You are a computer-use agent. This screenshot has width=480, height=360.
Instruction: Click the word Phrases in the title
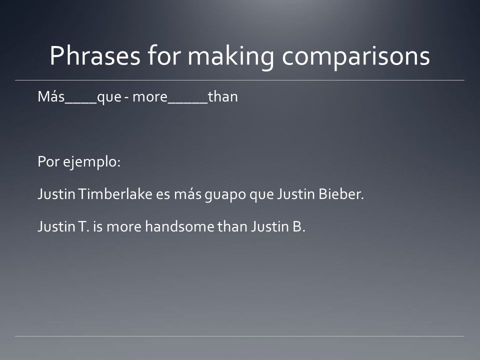pos(95,55)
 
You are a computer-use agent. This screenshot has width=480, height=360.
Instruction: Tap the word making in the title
pos(231,56)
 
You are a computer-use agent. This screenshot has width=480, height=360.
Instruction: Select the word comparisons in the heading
pos(356,56)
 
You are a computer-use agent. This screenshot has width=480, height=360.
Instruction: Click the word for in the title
pos(164,55)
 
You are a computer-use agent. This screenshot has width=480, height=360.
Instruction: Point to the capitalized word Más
pos(51,96)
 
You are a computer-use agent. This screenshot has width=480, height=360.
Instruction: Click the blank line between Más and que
pos(81,102)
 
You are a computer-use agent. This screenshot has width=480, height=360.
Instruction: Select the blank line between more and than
pos(188,102)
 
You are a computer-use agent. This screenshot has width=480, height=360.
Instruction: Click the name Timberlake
pos(115,194)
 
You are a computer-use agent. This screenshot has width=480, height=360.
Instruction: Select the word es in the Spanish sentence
pos(163,195)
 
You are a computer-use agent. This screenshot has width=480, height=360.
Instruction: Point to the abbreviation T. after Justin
pos(84,226)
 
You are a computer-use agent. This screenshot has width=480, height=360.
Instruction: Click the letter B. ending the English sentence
pos(299,226)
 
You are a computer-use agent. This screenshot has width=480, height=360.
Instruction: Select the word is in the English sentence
pos(98,226)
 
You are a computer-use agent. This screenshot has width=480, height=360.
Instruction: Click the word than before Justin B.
pos(232,226)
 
